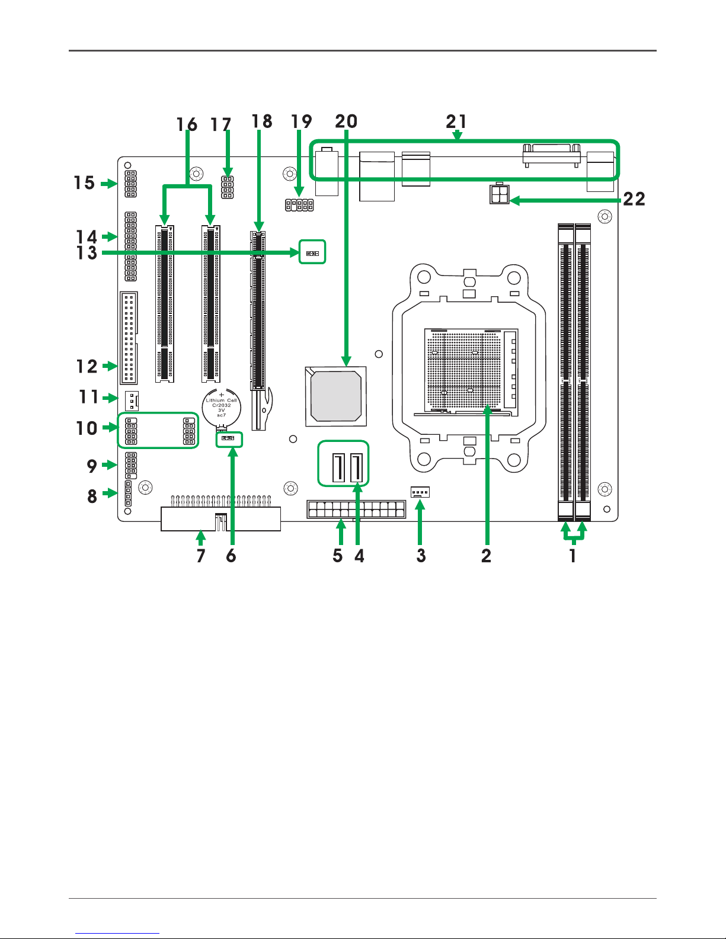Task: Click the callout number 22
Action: pos(634,199)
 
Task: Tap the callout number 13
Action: pos(87,253)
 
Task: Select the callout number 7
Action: pos(201,556)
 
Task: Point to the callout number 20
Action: pos(346,121)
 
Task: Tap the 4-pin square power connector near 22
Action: pos(499,194)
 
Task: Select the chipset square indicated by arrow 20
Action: pos(336,397)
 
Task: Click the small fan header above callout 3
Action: pos(420,492)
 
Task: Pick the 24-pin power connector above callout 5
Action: pos(357,509)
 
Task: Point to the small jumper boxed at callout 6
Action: pos(228,438)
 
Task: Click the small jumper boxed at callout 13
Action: pos(312,253)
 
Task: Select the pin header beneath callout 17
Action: pos(228,187)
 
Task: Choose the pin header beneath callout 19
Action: pos(299,205)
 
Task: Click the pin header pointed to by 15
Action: pos(130,184)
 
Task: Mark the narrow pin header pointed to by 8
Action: pos(128,493)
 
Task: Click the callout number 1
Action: pos(573,556)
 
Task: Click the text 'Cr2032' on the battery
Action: pos(221,405)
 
